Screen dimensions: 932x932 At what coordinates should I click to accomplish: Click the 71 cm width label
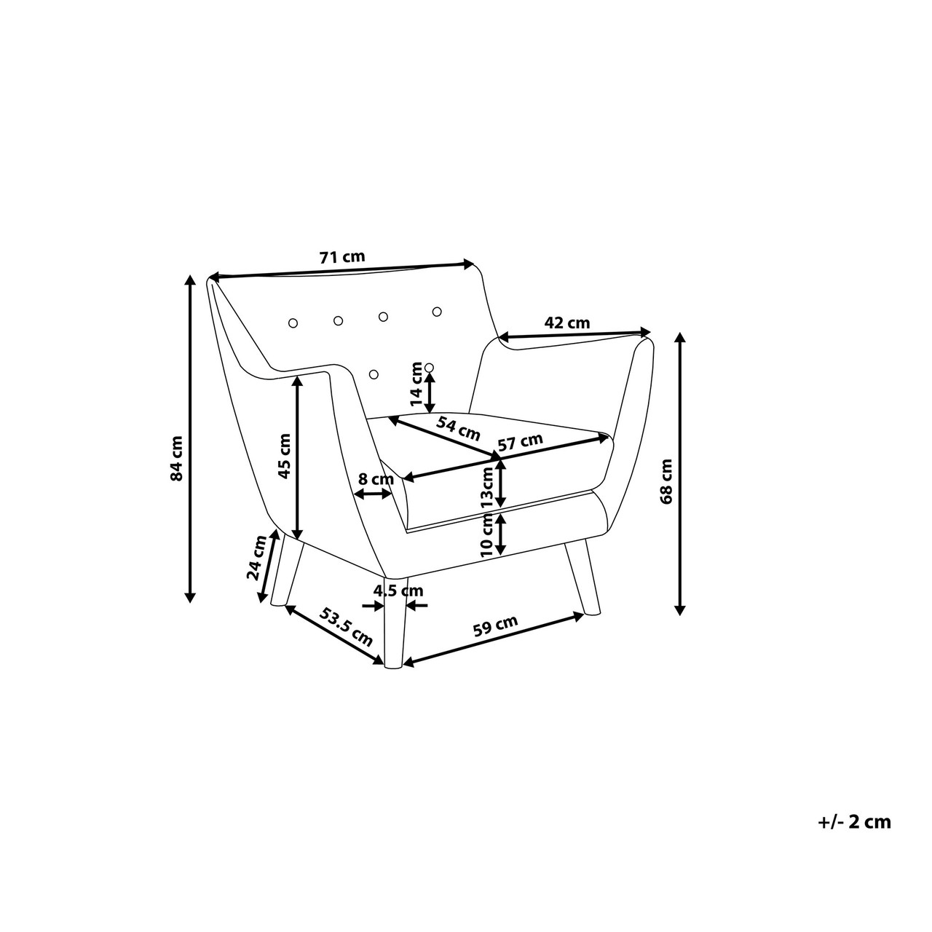[x=342, y=256]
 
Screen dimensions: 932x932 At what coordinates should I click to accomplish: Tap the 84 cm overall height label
[x=177, y=458]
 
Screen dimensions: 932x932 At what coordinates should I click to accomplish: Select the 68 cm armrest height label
[x=666, y=482]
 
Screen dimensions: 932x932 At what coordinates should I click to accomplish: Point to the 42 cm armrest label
[x=567, y=323]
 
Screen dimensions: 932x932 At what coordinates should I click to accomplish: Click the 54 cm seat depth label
[x=458, y=429]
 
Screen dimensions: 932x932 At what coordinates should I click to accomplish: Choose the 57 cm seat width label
[x=521, y=442]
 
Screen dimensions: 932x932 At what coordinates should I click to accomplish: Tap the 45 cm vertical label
[x=285, y=456]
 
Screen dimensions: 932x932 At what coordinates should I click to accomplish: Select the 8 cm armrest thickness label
[x=376, y=479]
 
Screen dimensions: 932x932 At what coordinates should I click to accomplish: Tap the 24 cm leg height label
[x=256, y=558]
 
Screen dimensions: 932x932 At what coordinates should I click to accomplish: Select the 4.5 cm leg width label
[x=398, y=591]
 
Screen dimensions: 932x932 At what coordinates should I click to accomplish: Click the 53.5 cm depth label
[x=346, y=627]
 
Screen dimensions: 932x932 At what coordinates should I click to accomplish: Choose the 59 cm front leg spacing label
[x=495, y=626]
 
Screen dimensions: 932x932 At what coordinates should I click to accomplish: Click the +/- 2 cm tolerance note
[x=855, y=822]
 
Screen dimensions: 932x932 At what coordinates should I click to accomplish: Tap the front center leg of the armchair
[x=395, y=623]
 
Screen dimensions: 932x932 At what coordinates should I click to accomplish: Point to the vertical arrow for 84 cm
[x=191, y=438]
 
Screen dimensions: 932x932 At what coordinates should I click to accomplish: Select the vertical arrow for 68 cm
[x=680, y=473]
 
